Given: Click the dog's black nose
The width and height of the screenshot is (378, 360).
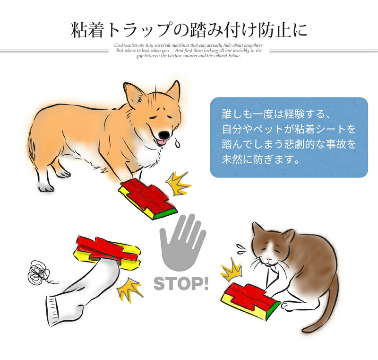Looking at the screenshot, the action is [x=164, y=135].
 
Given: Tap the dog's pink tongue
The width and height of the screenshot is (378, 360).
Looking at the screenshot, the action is [x=161, y=142].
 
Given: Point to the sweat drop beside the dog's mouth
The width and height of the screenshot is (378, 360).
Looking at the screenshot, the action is [x=177, y=143].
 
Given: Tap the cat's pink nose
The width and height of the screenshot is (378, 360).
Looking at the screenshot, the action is [x=268, y=259].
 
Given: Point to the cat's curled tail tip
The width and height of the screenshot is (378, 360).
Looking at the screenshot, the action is [x=307, y=329].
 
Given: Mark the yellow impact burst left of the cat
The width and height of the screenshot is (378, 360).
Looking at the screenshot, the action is [x=232, y=270].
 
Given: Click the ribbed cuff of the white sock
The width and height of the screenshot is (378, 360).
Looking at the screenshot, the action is [x=53, y=311].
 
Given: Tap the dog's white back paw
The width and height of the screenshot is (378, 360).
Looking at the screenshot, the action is [x=46, y=187].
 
